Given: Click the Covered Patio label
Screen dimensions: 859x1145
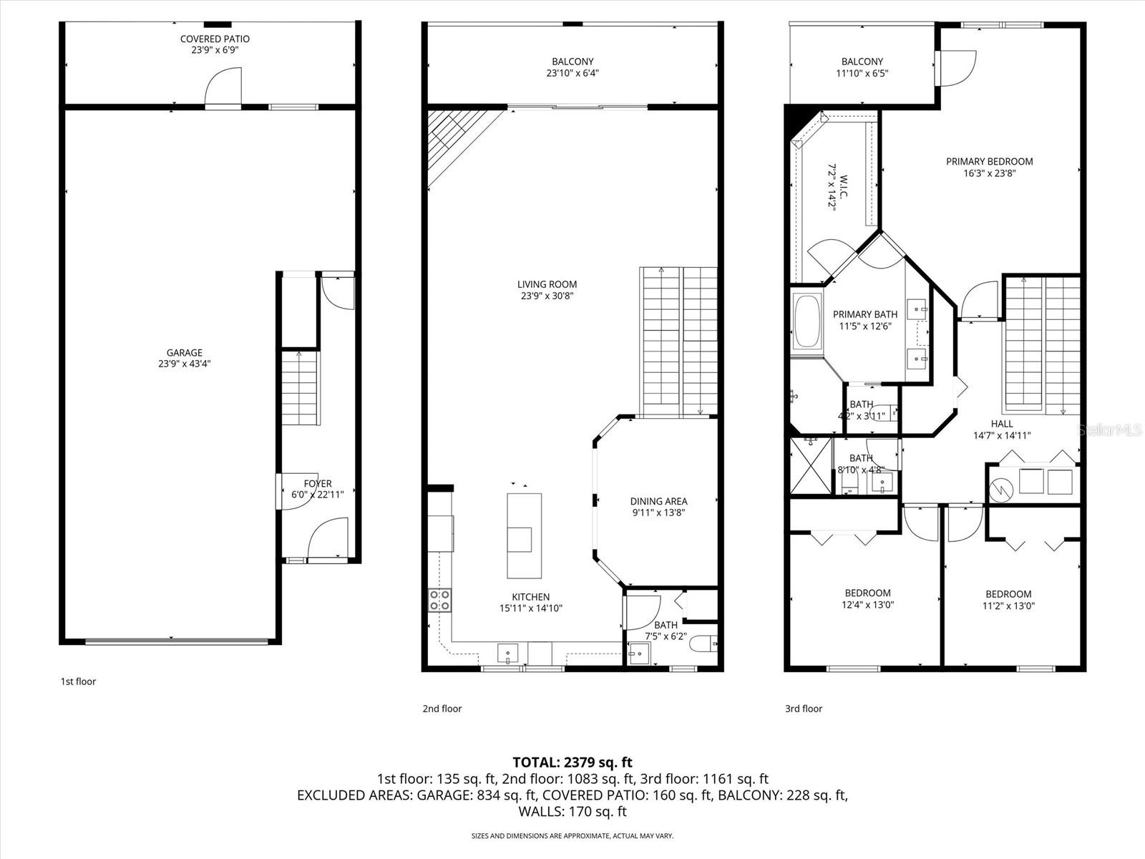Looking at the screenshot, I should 215,39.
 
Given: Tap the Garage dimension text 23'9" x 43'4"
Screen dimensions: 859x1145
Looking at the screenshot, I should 185,364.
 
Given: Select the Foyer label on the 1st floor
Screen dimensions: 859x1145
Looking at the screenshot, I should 317,484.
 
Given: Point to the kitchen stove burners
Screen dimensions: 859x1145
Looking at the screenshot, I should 439,600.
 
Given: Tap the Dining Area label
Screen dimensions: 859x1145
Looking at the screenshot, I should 658,501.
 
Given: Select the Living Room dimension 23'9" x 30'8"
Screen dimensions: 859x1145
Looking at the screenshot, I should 547,296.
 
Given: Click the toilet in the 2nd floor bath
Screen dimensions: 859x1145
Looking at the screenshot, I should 703,644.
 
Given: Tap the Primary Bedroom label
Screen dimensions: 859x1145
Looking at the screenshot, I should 989,162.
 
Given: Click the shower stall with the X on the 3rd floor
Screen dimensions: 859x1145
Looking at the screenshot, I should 811,465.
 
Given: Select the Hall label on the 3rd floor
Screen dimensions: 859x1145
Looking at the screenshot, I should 1002,424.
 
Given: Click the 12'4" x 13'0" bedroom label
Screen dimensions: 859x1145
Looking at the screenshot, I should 867,593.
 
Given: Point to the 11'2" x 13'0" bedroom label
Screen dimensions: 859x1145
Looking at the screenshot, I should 1008,594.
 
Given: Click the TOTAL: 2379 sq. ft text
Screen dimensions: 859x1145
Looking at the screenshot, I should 572,762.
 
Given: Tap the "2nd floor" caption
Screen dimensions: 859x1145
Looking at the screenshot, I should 442,709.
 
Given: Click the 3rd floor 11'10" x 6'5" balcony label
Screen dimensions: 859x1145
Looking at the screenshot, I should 862,62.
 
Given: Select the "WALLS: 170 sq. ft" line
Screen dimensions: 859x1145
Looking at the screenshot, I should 572,812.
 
